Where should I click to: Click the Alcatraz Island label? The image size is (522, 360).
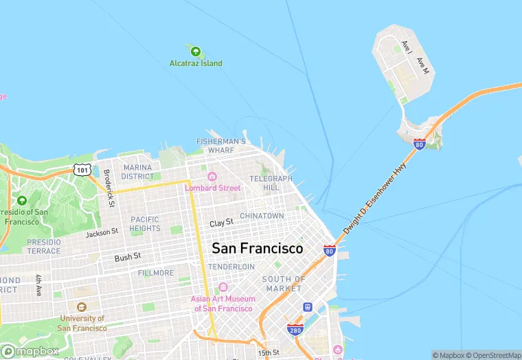(x=196, y=63)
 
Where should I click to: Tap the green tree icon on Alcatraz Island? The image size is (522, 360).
(x=195, y=51)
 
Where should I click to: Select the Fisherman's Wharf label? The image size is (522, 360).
(x=220, y=145)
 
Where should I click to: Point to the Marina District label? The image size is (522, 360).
(x=138, y=172)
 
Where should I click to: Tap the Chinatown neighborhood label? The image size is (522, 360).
(x=262, y=216)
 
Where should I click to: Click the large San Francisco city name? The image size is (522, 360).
(x=258, y=248)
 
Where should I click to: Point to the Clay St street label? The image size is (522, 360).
(x=222, y=223)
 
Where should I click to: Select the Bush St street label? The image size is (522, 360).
(x=128, y=257)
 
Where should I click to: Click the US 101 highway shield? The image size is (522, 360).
(x=82, y=168)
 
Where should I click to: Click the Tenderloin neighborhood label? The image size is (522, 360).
(x=231, y=267)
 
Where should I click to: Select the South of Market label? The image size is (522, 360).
(x=284, y=283)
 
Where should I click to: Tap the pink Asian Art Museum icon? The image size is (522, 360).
(x=223, y=287)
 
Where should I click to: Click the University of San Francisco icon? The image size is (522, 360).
(x=82, y=307)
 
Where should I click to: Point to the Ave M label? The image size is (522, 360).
(x=422, y=65)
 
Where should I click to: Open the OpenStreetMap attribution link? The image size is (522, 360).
(x=492, y=355)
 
